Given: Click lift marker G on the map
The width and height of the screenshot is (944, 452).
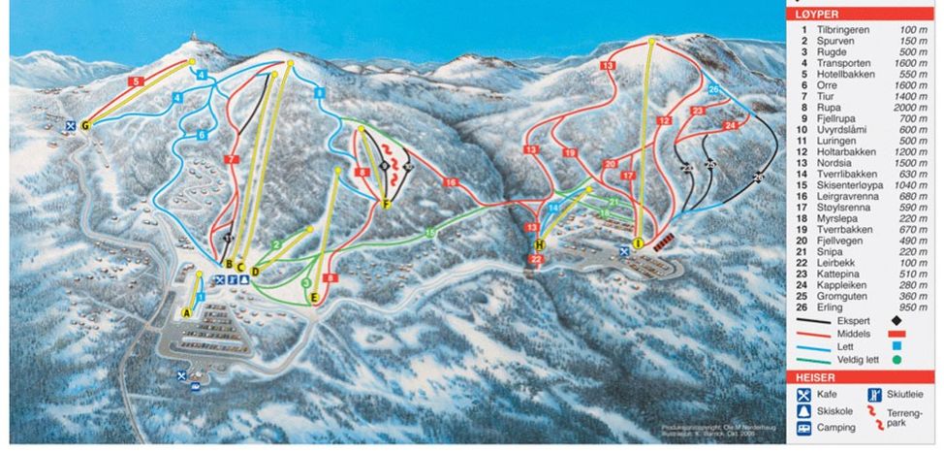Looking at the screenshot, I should click(x=85, y=124).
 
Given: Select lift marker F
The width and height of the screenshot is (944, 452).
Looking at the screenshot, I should click(x=386, y=204).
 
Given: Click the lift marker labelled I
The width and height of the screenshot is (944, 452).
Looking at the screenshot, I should click(x=638, y=242).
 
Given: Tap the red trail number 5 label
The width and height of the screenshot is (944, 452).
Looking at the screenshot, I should click(x=137, y=81).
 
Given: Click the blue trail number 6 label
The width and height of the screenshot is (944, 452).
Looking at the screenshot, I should click(x=203, y=136).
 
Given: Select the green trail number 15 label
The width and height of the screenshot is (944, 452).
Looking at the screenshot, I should click(x=430, y=233).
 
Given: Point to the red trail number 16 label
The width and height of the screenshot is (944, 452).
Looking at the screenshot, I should click(x=450, y=182).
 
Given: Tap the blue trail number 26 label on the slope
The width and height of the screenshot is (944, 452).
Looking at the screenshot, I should click(x=712, y=89).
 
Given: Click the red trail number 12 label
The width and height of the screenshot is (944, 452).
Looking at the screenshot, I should click(x=664, y=121).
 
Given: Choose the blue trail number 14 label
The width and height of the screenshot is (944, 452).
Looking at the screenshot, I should click(x=553, y=208).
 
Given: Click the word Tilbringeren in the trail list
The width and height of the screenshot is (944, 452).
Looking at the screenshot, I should click(x=842, y=30).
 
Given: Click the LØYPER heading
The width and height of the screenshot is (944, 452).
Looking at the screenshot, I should click(x=814, y=15).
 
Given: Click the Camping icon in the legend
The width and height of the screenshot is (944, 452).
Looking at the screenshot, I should click(x=803, y=429).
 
